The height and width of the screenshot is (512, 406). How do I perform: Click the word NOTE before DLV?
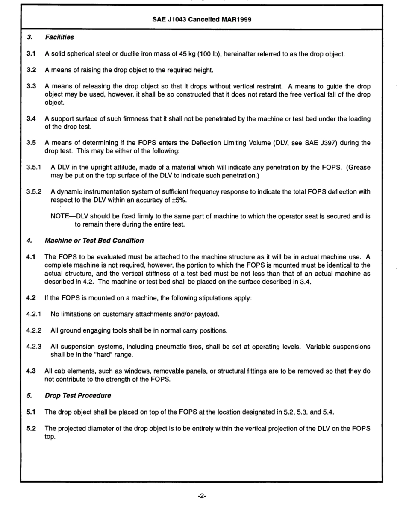coord(60,216)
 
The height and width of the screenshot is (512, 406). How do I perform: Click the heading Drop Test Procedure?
coord(78,395)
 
